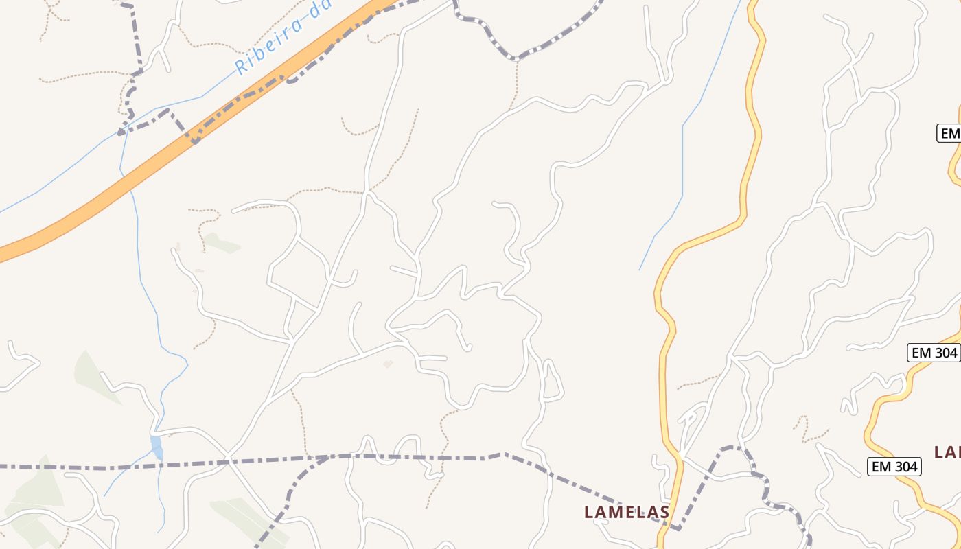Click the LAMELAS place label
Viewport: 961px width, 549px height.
pos(626,512)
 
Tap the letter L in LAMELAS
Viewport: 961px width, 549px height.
pos(588,512)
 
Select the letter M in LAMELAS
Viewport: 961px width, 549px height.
pos(616,512)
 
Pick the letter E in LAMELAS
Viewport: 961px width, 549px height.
pos(629,512)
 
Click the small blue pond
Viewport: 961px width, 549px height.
pos(157,446)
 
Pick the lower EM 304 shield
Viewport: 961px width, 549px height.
pos(893,467)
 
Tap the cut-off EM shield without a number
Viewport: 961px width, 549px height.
pos(949,133)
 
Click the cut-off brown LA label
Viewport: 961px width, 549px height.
pos(948,452)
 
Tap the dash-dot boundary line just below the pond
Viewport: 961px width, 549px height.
pos(158,466)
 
